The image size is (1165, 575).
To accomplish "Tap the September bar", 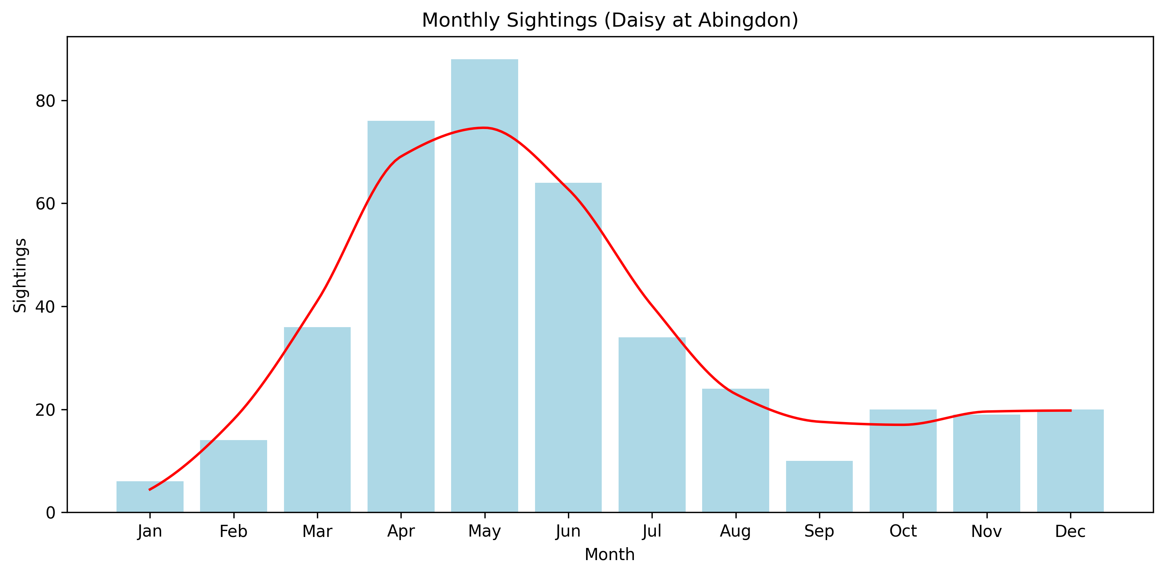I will [x=819, y=486].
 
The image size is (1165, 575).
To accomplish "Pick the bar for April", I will [x=401, y=317].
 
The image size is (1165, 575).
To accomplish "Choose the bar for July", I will [x=652, y=424].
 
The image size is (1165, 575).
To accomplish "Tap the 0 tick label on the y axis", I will [x=51, y=513].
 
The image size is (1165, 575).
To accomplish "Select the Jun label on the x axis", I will [x=568, y=531].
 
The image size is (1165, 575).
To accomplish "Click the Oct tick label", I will [x=903, y=531].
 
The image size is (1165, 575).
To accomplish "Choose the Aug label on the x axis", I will [x=735, y=531].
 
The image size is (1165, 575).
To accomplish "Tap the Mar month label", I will [x=317, y=531].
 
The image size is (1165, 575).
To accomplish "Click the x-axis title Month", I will [x=609, y=555].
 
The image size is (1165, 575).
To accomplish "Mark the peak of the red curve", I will [x=484, y=128].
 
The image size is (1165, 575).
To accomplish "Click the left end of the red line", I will [x=150, y=489].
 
